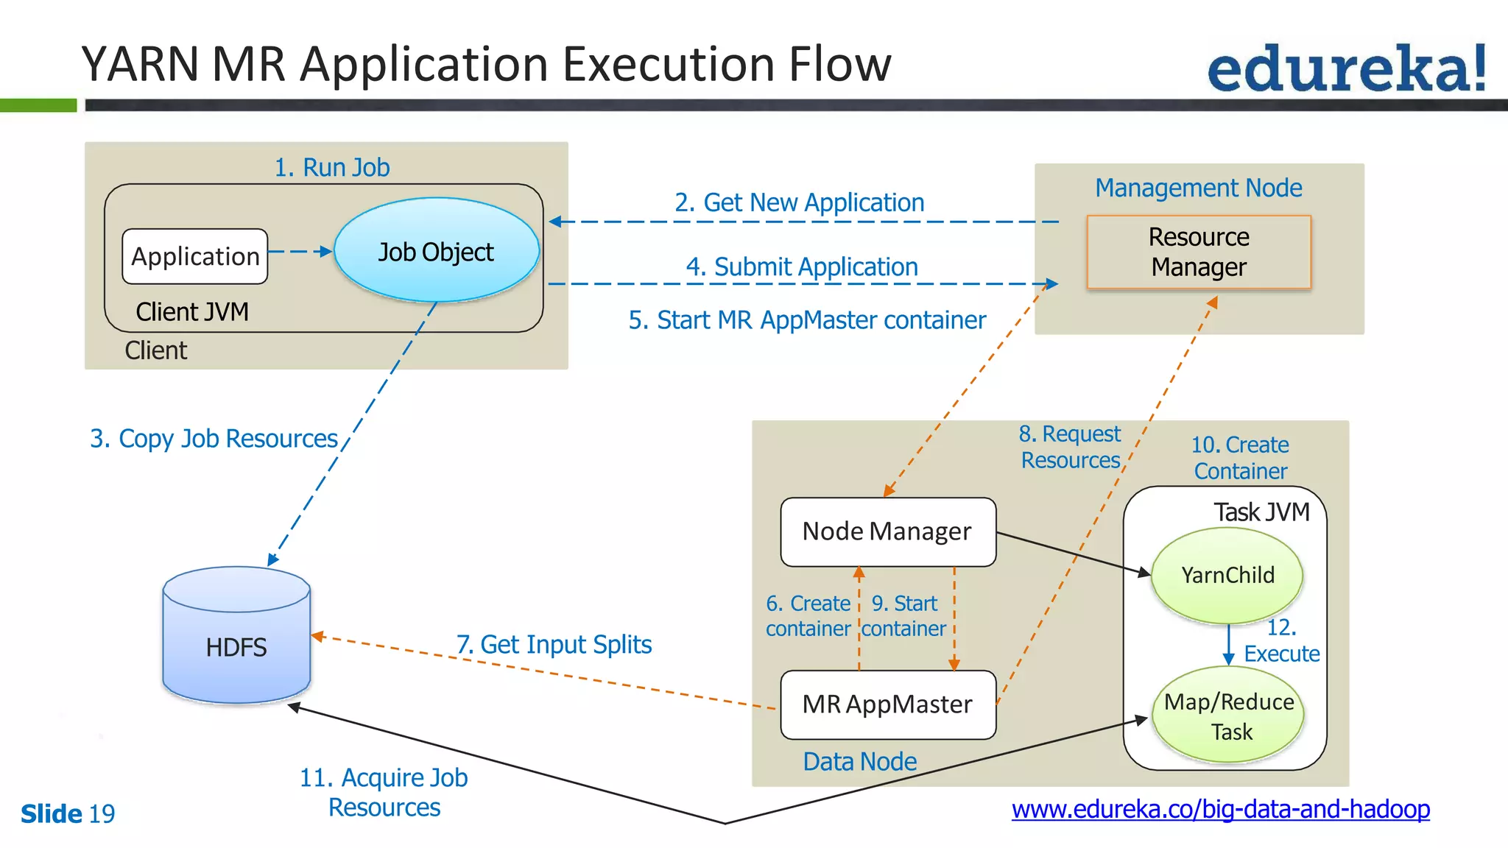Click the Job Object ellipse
coord(436,251)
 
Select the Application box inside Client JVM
coord(195,256)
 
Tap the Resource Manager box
coord(1199,252)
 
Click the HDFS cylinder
coord(236,640)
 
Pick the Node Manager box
coord(887,531)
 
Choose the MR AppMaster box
coord(887,704)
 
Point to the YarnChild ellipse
coord(1227,575)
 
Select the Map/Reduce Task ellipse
coord(1228,716)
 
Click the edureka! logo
coord(1346,68)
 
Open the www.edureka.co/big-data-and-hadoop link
coord(1220,809)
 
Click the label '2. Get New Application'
coord(799,202)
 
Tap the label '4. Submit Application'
coord(802,266)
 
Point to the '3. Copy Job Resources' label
coord(214,438)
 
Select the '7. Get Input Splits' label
coord(554,644)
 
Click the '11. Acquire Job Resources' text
coord(384,792)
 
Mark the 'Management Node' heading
coord(1198,188)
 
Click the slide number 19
coord(102,813)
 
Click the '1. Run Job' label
coord(331,167)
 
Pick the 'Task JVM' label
coord(1261,512)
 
